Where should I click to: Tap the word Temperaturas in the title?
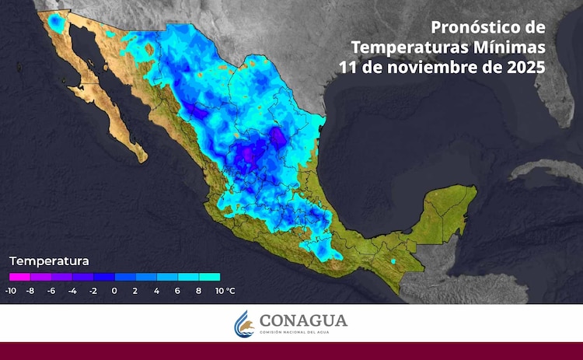click(x=404, y=47)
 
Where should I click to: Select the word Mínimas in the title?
click(x=508, y=47)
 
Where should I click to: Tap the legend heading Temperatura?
click(x=49, y=260)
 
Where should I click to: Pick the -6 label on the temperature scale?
click(x=51, y=290)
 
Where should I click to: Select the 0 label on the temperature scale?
click(x=114, y=290)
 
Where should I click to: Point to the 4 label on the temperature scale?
click(x=156, y=290)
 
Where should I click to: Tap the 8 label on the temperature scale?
click(x=198, y=290)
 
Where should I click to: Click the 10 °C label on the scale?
click(x=224, y=290)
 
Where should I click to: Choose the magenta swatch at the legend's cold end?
click(x=19, y=276)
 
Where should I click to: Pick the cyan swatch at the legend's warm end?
click(x=210, y=276)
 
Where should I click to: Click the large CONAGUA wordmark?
click(x=303, y=320)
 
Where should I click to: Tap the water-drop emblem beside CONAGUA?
click(x=244, y=324)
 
